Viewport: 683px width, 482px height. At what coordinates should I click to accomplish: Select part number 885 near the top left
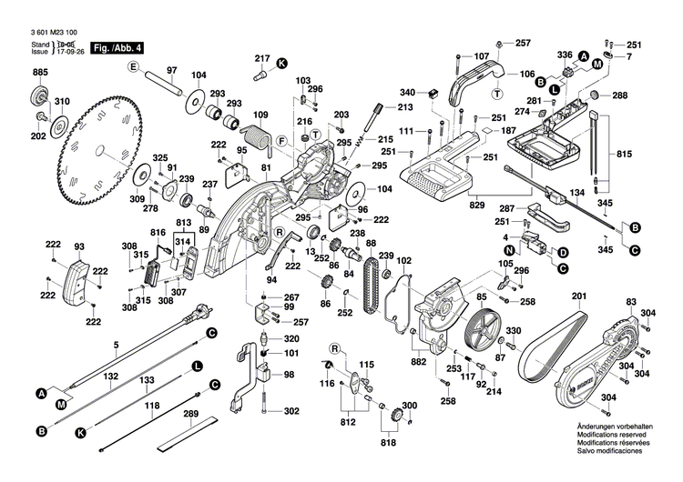click(40, 72)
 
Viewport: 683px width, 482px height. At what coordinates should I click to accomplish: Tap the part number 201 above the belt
click(578, 297)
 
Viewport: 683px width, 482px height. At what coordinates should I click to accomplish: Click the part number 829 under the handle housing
click(476, 207)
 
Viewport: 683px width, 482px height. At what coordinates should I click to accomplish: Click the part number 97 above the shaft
click(171, 70)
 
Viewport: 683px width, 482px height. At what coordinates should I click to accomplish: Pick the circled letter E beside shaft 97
click(132, 68)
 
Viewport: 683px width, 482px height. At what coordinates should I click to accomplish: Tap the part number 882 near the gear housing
click(419, 362)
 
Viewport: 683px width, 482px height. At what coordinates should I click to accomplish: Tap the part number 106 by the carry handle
click(526, 75)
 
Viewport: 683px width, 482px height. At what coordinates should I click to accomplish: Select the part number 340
click(407, 92)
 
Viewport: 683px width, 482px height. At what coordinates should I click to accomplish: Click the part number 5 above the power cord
click(116, 344)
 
